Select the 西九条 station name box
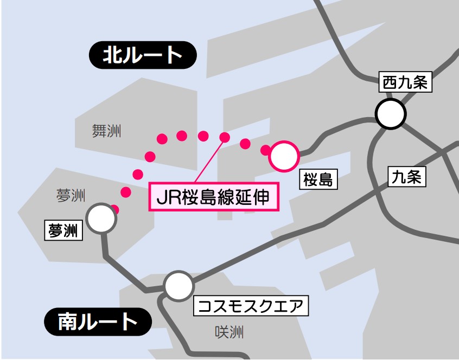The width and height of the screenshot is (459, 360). coord(406,83)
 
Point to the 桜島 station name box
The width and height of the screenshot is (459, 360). coord(318,179)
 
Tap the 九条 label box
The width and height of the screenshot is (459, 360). coord(406,177)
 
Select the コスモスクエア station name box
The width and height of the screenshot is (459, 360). coord(251,306)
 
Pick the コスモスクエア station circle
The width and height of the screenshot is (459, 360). coord(178,286)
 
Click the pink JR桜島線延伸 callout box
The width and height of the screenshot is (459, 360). coord(214,197)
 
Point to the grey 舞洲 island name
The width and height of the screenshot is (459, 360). coord(106,131)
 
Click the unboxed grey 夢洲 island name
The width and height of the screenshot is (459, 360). coord(71,196)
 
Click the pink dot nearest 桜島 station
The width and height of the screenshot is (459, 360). coord(266,150)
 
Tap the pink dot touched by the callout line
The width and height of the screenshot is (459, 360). coord(224,137)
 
